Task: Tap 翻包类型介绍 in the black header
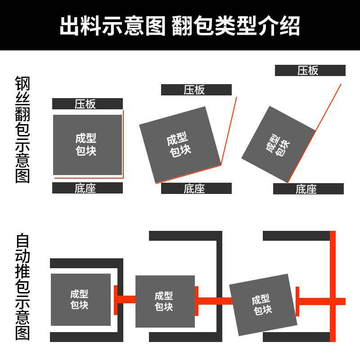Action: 236,26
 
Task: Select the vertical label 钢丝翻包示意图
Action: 22,130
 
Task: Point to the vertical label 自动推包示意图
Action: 22,286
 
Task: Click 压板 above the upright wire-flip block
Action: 87,104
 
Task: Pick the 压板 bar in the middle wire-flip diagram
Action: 196,90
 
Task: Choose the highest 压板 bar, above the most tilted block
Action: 310,70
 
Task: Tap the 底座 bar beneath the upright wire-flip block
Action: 87,188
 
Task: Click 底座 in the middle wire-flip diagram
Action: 196,189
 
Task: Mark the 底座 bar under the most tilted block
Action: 308,189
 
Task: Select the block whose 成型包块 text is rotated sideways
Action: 279,144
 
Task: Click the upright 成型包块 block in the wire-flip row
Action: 87,144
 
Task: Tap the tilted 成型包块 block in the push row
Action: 263,305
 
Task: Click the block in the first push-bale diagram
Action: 81,299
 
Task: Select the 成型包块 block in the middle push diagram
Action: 165,301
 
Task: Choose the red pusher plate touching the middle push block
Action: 197,301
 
